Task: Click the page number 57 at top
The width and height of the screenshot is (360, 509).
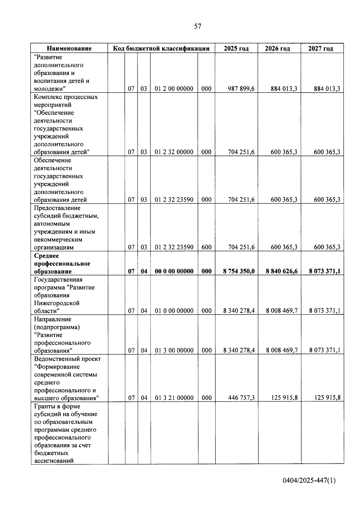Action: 198,26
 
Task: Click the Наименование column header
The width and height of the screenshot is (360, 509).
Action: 69,49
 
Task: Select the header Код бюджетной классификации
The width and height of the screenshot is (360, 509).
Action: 161,49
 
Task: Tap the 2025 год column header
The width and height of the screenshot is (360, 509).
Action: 236,49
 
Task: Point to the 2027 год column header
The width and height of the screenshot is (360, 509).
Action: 320,49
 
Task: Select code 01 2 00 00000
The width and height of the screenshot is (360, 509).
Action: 174,89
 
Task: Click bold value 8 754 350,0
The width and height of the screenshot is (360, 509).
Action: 239,271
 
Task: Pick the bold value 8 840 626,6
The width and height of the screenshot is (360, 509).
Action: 282,271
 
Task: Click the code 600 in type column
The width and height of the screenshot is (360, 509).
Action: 206,247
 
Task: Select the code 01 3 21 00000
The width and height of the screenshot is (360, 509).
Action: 174,398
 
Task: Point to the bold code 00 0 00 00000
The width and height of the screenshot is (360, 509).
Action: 174,271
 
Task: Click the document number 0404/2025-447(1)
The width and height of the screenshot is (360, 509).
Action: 309,481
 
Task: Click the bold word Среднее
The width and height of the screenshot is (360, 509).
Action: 46,256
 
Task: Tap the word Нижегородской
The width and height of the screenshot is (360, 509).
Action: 57,303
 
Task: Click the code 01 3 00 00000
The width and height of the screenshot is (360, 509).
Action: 174,350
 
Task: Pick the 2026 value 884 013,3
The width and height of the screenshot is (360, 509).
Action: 284,89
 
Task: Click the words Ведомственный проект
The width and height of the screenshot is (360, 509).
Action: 67,359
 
